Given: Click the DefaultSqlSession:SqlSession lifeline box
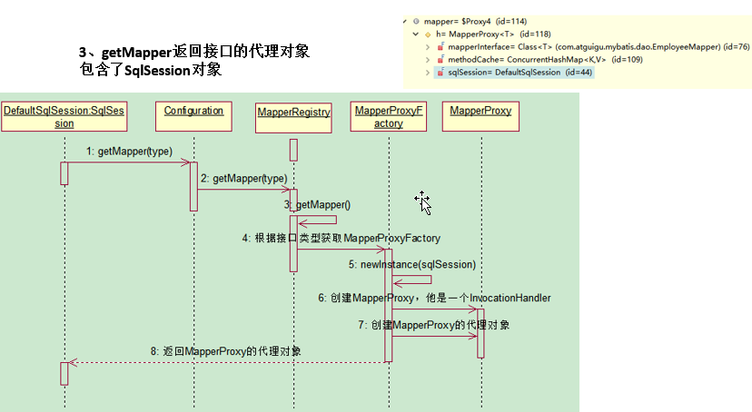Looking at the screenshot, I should [64, 116].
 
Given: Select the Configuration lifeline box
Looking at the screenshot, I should [193, 111].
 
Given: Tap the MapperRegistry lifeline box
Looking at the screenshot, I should [293, 112].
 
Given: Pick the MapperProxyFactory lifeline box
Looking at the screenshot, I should [389, 116].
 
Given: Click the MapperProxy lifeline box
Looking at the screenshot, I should [480, 112].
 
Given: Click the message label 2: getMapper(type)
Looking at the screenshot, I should [244, 179].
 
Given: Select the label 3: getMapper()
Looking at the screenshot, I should [317, 206].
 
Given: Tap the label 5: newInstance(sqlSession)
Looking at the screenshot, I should [411, 264].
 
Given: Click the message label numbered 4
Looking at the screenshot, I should [341, 239].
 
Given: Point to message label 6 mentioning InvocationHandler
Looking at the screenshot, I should [434, 298].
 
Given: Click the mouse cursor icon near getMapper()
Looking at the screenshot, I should [423, 202].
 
